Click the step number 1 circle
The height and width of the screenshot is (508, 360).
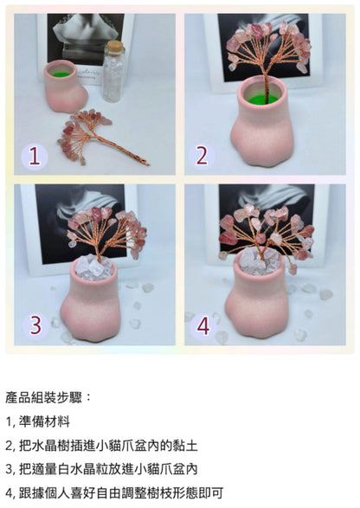click(35, 157)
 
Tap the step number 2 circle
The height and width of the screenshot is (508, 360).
click(202, 156)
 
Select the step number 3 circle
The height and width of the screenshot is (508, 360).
click(36, 325)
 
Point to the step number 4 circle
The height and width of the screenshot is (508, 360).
click(203, 326)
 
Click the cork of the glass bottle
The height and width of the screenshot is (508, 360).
click(115, 46)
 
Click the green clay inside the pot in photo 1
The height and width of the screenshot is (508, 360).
click(61, 74)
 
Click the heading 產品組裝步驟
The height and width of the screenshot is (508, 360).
click(45, 397)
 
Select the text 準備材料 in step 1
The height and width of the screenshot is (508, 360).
click(44, 421)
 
